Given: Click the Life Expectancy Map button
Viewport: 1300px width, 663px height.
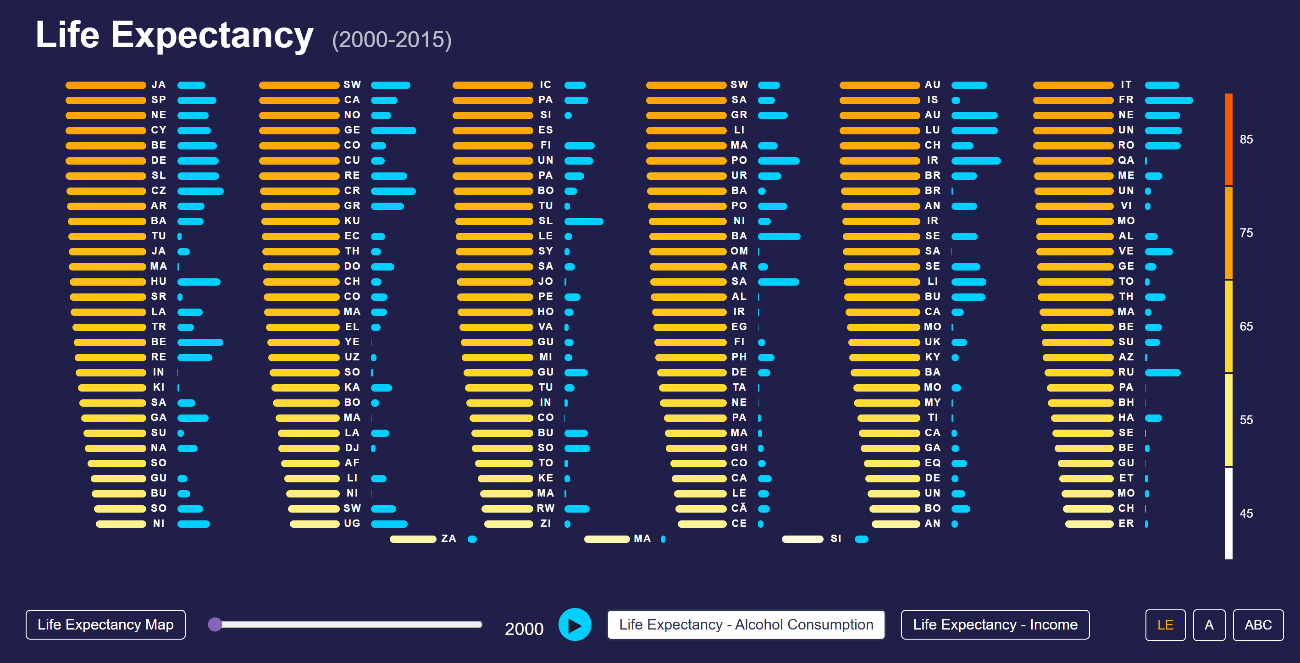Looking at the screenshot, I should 105,624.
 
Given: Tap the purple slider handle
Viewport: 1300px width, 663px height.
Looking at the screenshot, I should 215,624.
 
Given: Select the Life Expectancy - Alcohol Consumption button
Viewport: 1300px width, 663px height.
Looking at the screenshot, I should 746,624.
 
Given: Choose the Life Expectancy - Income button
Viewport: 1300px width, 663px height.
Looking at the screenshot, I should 995,624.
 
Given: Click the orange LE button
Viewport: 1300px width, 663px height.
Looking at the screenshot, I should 1165,625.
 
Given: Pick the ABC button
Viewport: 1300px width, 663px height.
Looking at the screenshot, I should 1258,625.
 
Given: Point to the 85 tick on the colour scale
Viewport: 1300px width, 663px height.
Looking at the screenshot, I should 1246,139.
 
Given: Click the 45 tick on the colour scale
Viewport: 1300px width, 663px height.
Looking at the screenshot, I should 1246,514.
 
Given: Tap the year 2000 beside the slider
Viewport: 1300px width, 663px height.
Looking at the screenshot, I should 524,629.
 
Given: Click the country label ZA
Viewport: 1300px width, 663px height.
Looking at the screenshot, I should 448,539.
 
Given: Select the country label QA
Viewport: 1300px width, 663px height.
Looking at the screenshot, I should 1126,160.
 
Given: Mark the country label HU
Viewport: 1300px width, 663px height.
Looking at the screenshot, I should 159,282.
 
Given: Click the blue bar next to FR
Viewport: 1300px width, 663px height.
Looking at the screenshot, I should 1168,100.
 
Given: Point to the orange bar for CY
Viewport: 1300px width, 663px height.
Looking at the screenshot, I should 106,131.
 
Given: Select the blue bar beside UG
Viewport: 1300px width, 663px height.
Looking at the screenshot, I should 389,524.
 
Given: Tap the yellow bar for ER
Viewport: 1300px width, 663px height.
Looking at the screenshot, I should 1089,524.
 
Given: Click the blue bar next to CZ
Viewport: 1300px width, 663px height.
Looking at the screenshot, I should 200,191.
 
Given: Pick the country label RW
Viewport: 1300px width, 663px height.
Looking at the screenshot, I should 546,508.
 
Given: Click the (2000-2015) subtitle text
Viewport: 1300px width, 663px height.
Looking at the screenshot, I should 392,40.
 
